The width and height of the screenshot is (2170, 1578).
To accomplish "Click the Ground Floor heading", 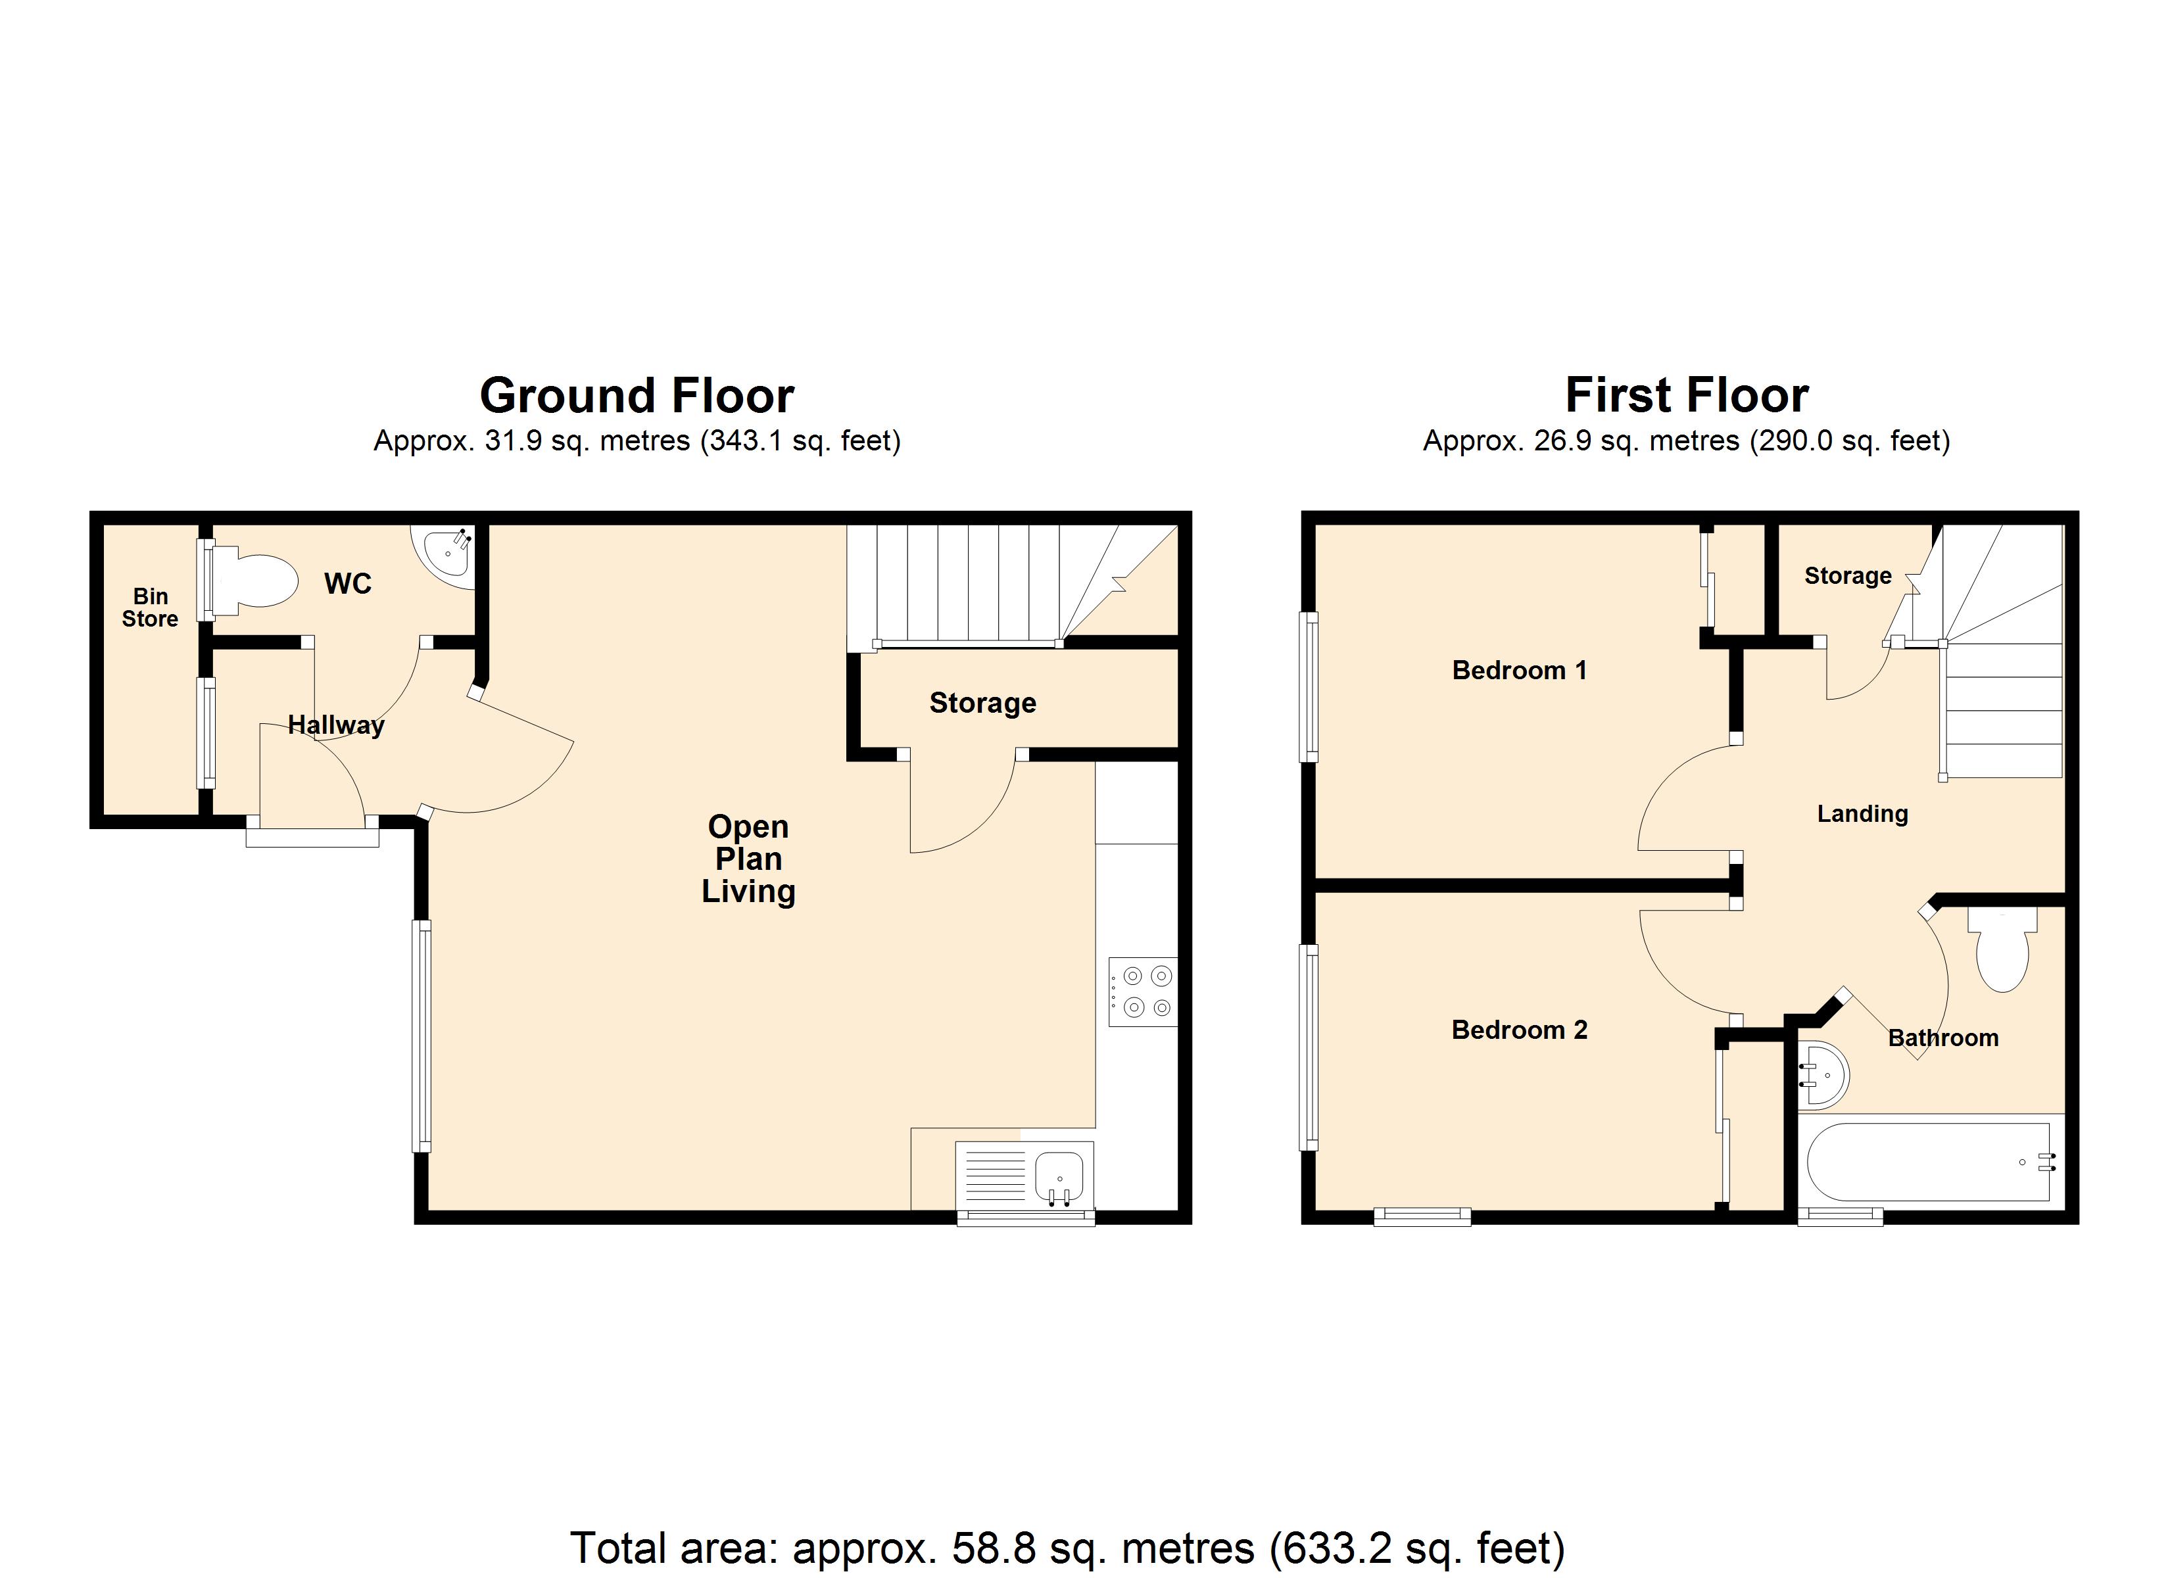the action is pos(637,394).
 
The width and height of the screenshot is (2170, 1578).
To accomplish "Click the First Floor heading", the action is pos(1687,394).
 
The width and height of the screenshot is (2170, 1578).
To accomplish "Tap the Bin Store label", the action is pos(150,608).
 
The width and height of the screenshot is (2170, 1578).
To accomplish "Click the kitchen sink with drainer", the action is pos(1025,1176).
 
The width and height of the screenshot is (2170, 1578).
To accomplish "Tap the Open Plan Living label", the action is pos(748,859).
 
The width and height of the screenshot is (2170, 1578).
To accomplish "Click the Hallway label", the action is pos(336,725).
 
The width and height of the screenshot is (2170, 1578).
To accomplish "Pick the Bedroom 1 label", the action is pos(1520,670).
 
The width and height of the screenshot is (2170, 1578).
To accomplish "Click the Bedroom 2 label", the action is pos(1520,1030).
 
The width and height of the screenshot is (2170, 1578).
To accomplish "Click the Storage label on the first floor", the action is pos(1848,575).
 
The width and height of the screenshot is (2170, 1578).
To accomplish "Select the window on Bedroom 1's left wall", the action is pos(1308,687).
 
